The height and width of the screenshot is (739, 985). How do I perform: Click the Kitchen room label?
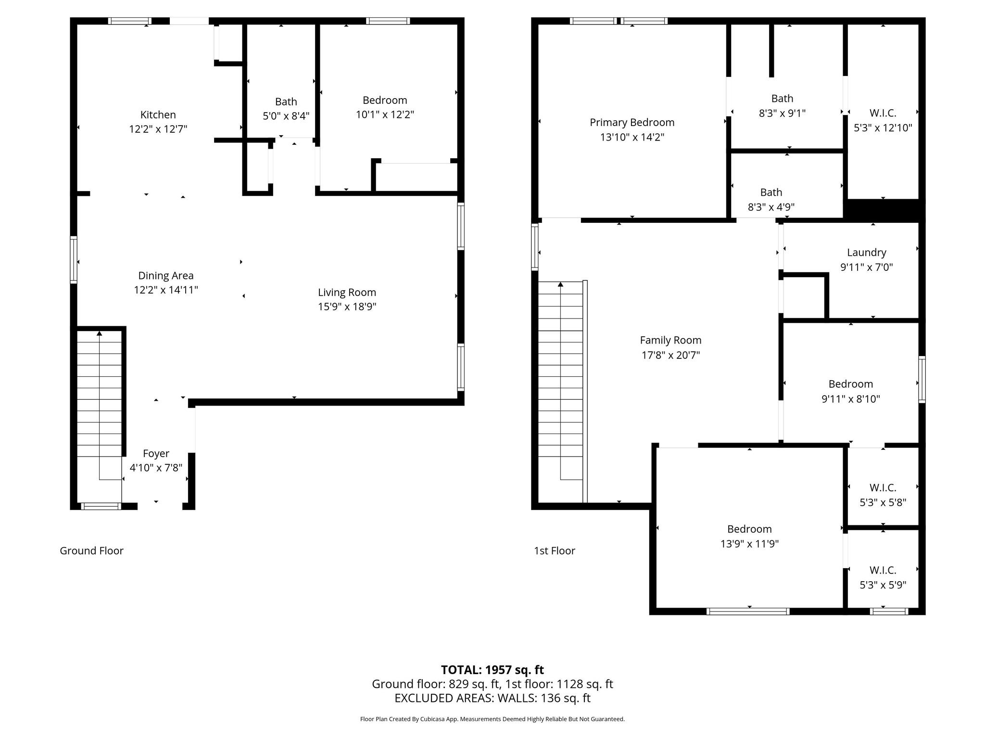click(158, 115)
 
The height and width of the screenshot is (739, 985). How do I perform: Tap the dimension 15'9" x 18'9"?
click(347, 307)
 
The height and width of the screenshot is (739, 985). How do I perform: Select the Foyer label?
click(156, 454)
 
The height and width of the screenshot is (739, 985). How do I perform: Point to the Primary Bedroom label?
click(632, 123)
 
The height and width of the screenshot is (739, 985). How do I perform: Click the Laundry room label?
click(866, 253)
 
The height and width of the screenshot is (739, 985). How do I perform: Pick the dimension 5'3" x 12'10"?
click(883, 128)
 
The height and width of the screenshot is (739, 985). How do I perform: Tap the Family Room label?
click(670, 341)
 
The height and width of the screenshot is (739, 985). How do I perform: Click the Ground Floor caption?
click(91, 551)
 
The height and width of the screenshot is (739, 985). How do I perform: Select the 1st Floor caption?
click(554, 551)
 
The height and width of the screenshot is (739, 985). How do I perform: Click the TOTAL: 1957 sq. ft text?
click(492, 670)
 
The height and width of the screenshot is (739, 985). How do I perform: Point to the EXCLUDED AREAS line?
click(492, 698)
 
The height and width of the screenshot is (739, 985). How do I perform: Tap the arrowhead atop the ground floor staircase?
click(99, 333)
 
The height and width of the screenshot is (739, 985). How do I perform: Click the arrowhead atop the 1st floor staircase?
click(560, 284)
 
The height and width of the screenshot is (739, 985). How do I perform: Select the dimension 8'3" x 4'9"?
click(771, 207)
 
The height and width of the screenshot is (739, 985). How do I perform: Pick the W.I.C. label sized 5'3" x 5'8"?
click(883, 488)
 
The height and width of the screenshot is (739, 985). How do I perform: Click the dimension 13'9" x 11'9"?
click(749, 544)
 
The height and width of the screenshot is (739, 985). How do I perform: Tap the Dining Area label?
click(166, 276)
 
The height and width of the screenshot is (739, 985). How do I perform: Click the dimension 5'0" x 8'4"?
click(286, 116)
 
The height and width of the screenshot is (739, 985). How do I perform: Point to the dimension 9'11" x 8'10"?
click(850, 399)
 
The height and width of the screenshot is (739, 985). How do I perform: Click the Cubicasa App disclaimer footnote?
click(492, 719)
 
